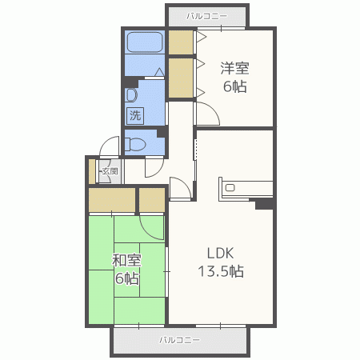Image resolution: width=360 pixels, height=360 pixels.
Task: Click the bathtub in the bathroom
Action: pos(145,42)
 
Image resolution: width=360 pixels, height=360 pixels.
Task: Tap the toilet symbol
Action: pos(135,144)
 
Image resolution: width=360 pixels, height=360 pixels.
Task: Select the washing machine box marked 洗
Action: pos(135,116)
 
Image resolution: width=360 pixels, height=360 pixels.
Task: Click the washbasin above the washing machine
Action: pos(131,95)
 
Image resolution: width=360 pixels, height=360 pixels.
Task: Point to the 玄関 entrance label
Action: pos(110,171)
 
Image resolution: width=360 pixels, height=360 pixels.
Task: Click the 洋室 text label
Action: pos(234,68)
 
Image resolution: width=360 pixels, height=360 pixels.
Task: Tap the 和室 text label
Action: pos(126,260)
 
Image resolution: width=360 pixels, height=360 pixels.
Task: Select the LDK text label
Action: pos(221,253)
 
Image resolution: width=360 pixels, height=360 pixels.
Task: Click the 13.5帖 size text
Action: pos(221,271)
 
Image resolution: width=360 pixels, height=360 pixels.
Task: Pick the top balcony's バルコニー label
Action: pos(207,16)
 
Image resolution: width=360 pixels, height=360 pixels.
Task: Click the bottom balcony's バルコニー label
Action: pos(179,340)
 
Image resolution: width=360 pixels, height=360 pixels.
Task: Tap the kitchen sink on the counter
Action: pos(230,188)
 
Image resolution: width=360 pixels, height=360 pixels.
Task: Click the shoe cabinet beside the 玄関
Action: pos(92,171)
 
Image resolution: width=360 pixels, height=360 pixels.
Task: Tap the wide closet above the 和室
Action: pos(112,200)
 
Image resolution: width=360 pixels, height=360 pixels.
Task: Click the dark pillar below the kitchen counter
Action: pos(264,204)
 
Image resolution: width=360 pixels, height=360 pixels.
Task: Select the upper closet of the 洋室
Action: pos(181,42)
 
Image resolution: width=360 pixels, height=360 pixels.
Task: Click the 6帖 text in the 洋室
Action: pos(234,86)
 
